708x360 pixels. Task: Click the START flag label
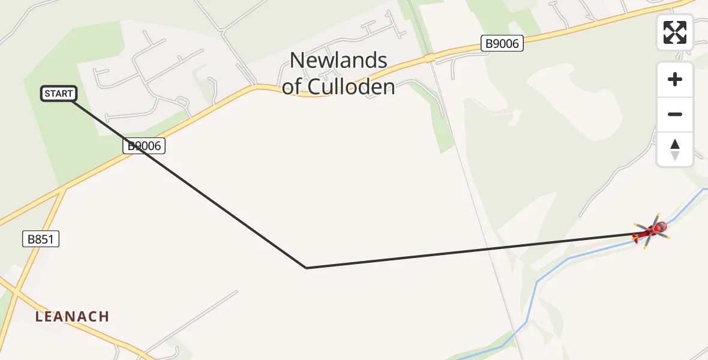(x=59, y=94)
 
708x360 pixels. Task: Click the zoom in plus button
(x=675, y=79)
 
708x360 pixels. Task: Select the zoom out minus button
(x=675, y=114)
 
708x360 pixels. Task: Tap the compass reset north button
(x=675, y=149)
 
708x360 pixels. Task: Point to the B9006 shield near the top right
(x=502, y=43)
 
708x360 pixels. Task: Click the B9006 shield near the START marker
(x=144, y=145)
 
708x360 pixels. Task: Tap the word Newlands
(x=338, y=61)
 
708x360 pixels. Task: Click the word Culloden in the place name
(x=352, y=87)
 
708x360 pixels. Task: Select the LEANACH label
(x=72, y=316)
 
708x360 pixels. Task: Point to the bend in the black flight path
(x=306, y=268)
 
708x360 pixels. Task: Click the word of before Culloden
(x=292, y=87)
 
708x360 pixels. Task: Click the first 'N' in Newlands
(x=296, y=61)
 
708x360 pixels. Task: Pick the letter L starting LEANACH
(x=39, y=316)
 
